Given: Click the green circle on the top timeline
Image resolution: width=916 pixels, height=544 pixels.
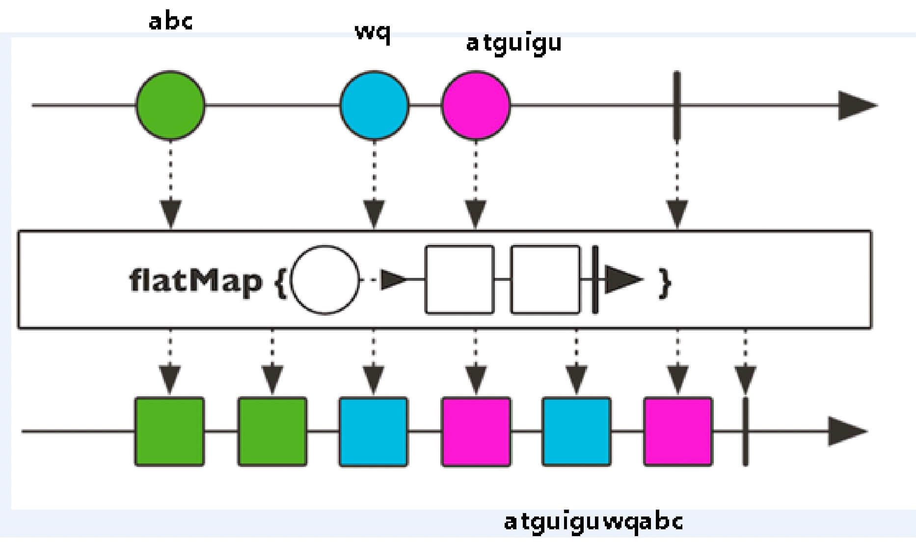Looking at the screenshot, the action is tap(170, 105).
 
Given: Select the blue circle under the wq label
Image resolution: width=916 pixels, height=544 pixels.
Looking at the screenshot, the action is tap(375, 105).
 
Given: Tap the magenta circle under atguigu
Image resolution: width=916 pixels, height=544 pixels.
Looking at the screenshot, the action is tap(476, 105).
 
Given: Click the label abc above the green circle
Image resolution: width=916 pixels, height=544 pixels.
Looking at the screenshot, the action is tap(170, 22).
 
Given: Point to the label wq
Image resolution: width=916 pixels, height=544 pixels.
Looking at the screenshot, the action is tap(373, 33).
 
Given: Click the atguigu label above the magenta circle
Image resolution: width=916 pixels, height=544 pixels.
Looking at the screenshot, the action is tap(513, 44).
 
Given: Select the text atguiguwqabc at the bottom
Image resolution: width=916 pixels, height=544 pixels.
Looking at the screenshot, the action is tap(593, 522).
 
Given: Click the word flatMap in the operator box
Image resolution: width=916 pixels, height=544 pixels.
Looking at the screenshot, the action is tap(195, 280).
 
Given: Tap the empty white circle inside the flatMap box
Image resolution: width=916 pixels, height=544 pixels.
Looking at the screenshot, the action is tap(325, 280).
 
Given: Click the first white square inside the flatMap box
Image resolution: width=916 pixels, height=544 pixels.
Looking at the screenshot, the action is tap(459, 280).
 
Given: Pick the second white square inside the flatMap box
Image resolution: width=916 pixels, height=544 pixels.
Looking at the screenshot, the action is tap(545, 280).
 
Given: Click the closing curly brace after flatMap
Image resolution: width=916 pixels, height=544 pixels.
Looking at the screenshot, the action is tap(665, 281).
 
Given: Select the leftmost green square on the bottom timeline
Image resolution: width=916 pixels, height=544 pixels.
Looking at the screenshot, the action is tap(169, 432).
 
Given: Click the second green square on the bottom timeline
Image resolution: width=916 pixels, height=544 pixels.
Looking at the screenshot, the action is tap(272, 432).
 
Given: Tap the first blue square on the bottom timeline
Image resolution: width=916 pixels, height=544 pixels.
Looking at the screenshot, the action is tap(374, 432).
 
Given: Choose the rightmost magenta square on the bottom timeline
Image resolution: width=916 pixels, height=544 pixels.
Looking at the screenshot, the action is tap(678, 432).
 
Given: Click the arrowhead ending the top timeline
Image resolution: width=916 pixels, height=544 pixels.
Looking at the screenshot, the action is tap(857, 105).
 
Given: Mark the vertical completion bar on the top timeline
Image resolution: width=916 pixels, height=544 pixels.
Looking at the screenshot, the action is tap(677, 105).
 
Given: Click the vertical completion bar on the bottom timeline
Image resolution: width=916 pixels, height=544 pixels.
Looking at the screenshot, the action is tap(745, 432).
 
